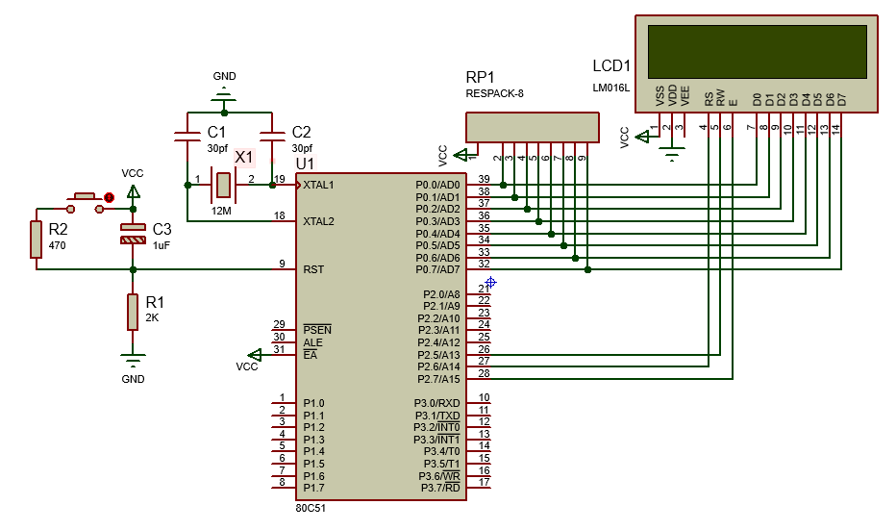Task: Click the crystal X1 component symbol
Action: click(224, 182)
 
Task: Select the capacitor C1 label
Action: click(217, 132)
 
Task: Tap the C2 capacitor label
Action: click(301, 132)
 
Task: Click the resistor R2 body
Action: click(36, 240)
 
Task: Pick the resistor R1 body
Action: click(132, 312)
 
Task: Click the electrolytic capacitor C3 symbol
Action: click(132, 233)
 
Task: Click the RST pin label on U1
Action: click(313, 269)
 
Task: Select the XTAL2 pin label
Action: click(318, 221)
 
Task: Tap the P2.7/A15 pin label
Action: click(437, 379)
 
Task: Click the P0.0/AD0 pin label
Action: click(437, 185)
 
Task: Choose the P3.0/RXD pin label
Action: click(437, 403)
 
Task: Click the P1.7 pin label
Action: click(313, 488)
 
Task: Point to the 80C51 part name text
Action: click(313, 509)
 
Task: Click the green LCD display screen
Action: click(757, 50)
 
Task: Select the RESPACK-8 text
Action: click(494, 94)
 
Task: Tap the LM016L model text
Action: click(610, 88)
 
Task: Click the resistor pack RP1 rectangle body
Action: click(532, 128)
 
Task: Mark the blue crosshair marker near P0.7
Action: click(490, 283)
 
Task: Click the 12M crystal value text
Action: click(222, 210)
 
